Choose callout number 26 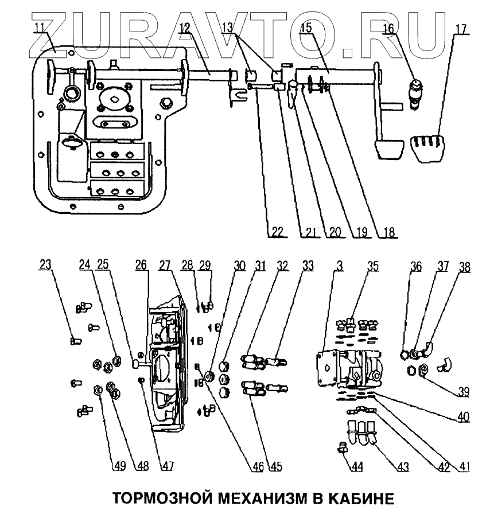[141, 265]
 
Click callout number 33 [308, 265]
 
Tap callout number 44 [357, 468]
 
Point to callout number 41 [463, 468]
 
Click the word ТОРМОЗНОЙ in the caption [154, 497]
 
